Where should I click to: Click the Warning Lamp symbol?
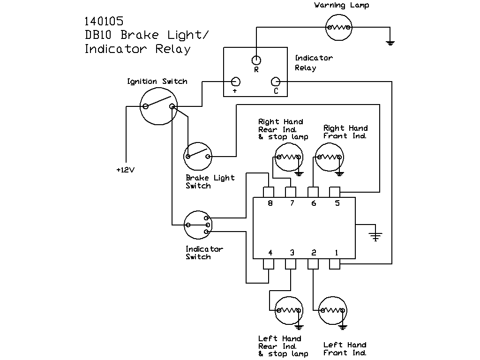[x=338, y=27]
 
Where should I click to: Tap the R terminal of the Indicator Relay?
[x=256, y=60]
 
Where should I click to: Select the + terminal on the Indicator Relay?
[x=236, y=82]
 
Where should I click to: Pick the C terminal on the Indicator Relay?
[x=276, y=82]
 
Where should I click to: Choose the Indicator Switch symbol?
[x=197, y=225]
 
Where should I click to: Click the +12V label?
[x=125, y=170]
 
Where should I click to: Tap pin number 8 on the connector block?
[x=269, y=192]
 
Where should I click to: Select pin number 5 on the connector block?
[x=335, y=192]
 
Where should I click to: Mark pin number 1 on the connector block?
[x=335, y=264]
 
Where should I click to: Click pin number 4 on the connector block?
[x=269, y=264]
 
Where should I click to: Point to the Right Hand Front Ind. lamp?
[x=329, y=157]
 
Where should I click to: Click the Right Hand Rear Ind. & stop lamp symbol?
[x=288, y=157]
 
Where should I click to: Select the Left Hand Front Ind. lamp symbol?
[x=333, y=311]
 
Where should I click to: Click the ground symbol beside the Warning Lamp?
[x=390, y=43]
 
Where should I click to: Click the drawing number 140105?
[x=104, y=21]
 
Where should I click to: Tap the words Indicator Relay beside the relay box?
[x=314, y=63]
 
